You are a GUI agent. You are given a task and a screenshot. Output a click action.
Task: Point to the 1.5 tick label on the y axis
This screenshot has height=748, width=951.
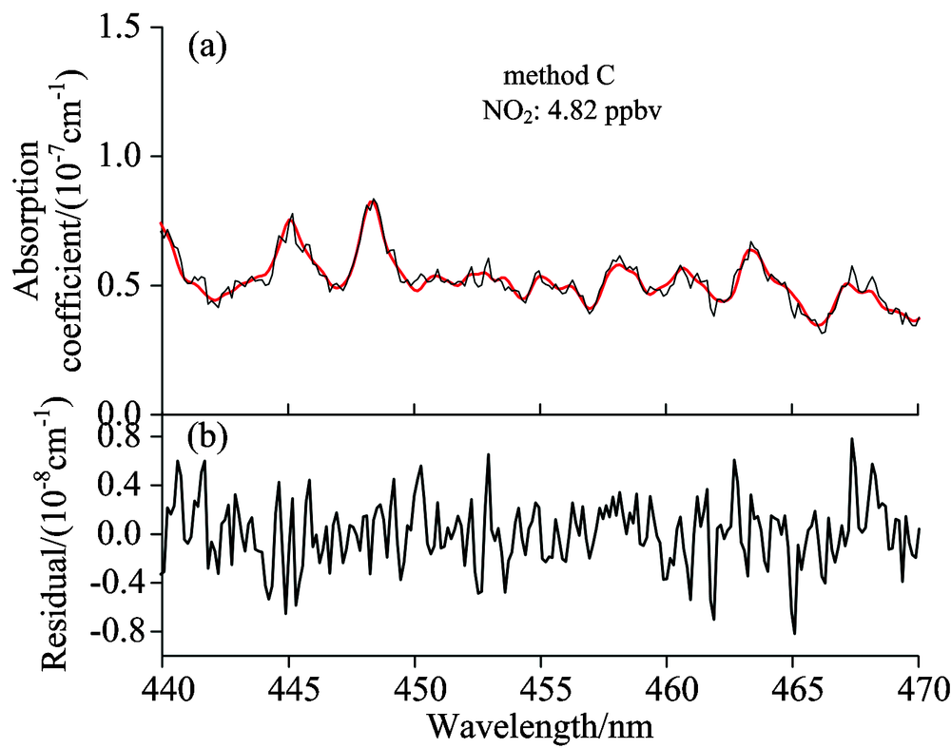[x=125, y=29]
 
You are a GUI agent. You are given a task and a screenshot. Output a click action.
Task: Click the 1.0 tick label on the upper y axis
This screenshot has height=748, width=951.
[x=125, y=157]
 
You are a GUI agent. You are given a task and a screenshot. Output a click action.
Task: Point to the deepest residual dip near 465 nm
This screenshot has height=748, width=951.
[x=794, y=633]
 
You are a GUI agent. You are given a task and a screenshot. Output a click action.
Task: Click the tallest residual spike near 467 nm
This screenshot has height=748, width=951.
[x=852, y=439]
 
